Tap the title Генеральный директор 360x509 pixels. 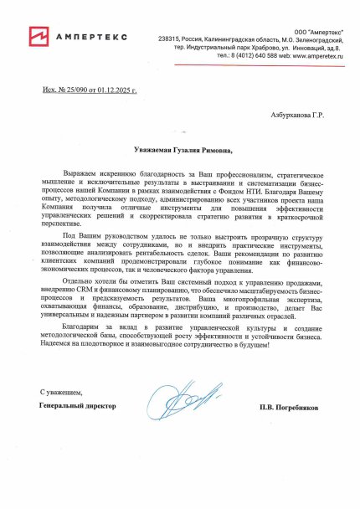[x=78, y=405]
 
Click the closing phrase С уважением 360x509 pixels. [x=63, y=392]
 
